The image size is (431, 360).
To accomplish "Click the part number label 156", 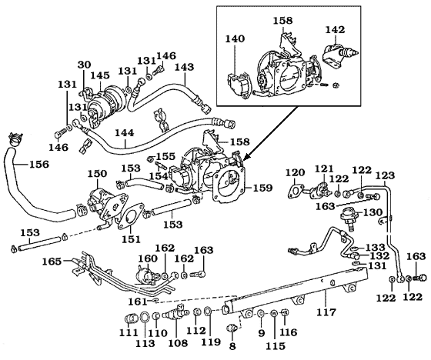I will click(18, 163).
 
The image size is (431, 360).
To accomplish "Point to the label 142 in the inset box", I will click(335, 30).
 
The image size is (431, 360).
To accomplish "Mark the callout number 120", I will click(295, 172).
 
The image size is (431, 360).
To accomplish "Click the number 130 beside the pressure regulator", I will click(373, 212).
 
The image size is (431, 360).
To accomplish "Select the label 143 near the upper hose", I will click(184, 67).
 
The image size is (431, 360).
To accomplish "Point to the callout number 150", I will click(97, 175).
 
